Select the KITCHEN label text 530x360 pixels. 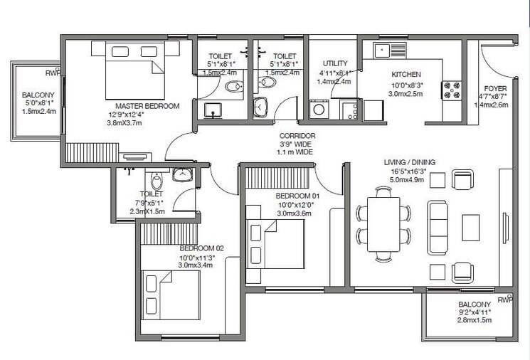[406, 75]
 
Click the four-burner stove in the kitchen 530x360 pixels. [452, 90]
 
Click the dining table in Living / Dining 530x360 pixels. [384, 224]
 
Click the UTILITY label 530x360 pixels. [335, 63]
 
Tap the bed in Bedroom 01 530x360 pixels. [275, 242]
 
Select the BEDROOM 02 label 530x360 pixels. [201, 248]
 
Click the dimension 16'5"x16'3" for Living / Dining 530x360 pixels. [408, 171]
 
